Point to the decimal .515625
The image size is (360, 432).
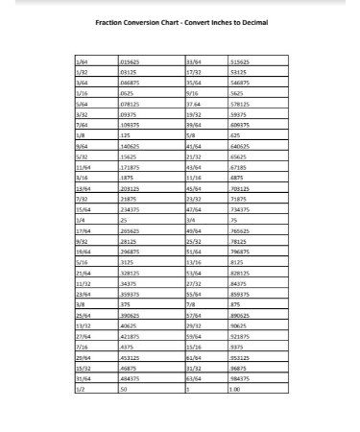[x=240, y=60]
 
